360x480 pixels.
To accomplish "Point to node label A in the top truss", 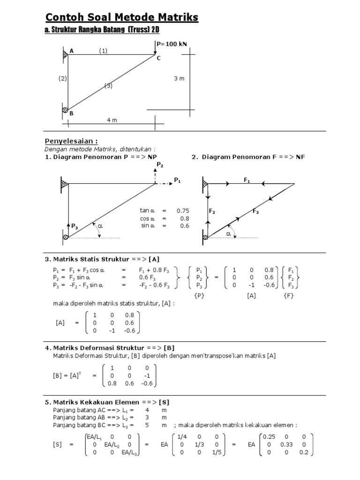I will coord(72,51).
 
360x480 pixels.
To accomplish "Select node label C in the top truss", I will coord(158,58).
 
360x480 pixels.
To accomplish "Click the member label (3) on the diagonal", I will coord(109,86).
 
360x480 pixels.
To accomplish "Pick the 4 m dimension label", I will coord(112,120).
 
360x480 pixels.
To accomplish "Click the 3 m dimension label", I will coord(180,79).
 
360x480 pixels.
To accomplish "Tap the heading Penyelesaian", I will coord(71,141).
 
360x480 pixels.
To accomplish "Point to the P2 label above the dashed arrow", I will coord(160,165).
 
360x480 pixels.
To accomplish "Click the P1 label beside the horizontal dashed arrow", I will coord(177,180).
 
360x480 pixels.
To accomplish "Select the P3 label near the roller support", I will coord(74,226).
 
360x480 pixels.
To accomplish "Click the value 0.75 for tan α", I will coord(183,211).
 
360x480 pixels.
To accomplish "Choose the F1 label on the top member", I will coord(247,180).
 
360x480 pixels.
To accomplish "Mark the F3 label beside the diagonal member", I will coord(256,212).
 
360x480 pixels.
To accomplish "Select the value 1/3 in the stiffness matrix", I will coord(197,444).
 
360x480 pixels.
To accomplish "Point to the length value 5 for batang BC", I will coord(151,425).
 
